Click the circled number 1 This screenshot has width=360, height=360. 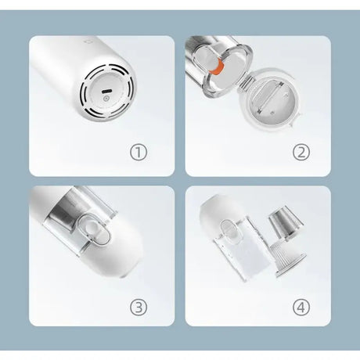[139, 153]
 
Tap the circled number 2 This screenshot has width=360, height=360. [301, 153]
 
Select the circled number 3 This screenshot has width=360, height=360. [139, 307]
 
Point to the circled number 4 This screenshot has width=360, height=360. [301, 307]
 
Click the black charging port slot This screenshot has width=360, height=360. [107, 92]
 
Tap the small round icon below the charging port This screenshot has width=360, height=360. [106, 99]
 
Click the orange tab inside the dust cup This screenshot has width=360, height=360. [217, 67]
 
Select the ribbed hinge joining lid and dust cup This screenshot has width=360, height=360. [245, 82]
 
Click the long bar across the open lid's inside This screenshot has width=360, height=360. [271, 95]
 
